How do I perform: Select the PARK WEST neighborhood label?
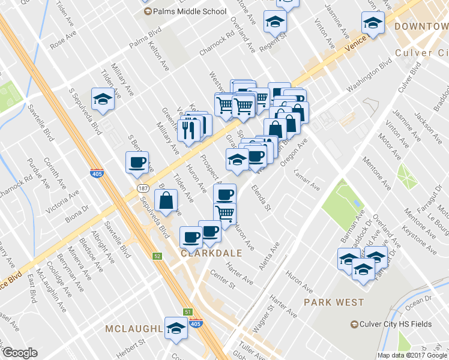[334, 302]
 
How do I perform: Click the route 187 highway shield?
[142, 188]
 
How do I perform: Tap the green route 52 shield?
[157, 256]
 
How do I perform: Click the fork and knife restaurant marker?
[188, 130]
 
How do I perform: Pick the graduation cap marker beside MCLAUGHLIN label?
[176, 328]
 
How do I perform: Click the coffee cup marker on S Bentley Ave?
[137, 161]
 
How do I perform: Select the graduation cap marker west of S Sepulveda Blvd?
[103, 98]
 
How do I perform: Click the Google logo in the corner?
[20, 353]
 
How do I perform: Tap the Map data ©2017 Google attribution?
[411, 355]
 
